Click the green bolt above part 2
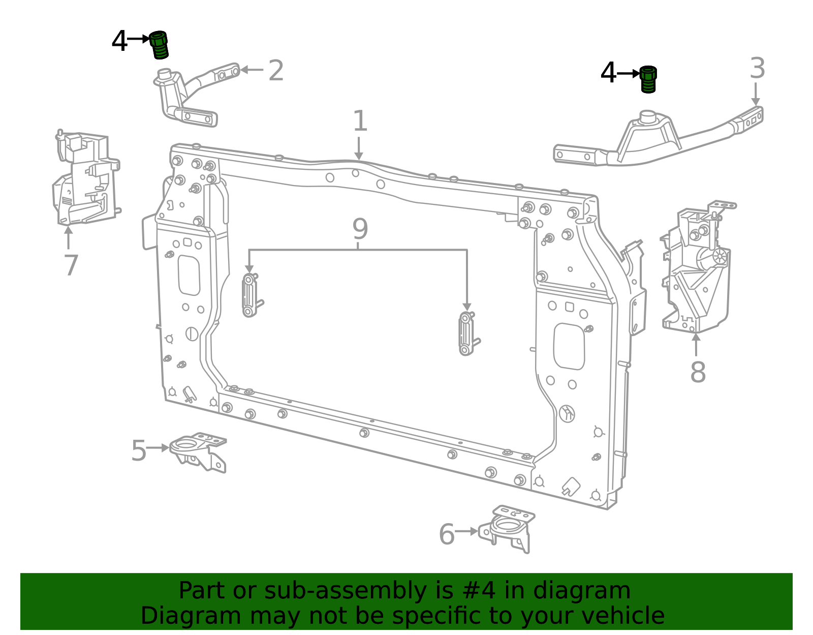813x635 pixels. (x=159, y=45)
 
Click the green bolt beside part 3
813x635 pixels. (x=648, y=79)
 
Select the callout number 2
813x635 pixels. (x=276, y=70)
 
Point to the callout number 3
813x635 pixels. (x=757, y=68)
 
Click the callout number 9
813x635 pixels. (x=360, y=229)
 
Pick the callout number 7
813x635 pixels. (x=71, y=265)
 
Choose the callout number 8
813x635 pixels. (x=698, y=372)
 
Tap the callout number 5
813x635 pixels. (x=139, y=450)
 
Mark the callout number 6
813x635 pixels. (x=447, y=534)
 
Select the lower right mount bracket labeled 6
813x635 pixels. (x=507, y=529)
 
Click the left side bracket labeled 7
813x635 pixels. (x=85, y=178)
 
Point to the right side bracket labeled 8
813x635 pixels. (x=696, y=267)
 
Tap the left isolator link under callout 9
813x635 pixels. (x=249, y=295)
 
